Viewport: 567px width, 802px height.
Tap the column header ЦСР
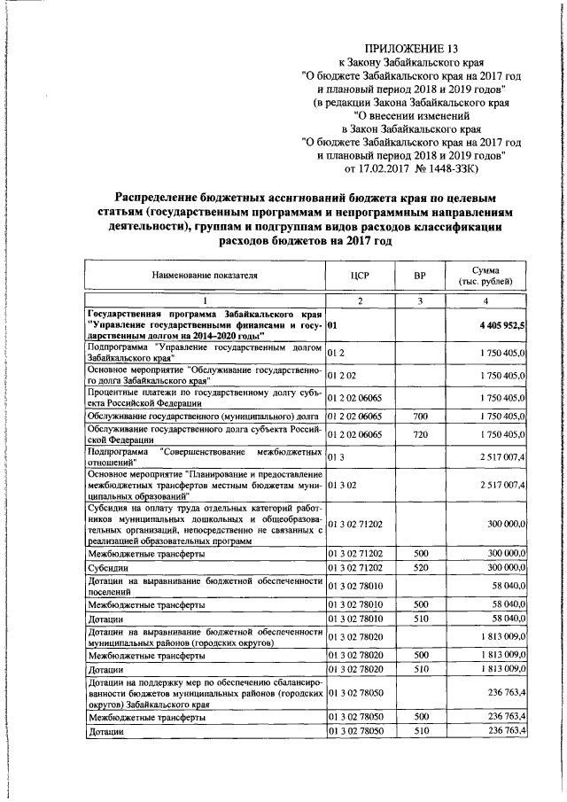(359, 276)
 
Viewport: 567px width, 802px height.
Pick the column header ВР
(421, 276)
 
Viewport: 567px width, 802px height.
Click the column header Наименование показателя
(205, 276)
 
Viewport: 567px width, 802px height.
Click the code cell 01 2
(336, 353)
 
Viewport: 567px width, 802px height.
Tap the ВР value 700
(421, 415)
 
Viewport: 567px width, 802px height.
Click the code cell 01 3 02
(341, 486)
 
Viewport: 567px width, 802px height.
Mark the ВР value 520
(421, 567)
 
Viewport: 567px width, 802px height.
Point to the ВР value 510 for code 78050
(421, 733)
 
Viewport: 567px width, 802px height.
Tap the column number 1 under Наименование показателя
(205, 301)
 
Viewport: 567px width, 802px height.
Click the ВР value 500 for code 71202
(421, 553)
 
